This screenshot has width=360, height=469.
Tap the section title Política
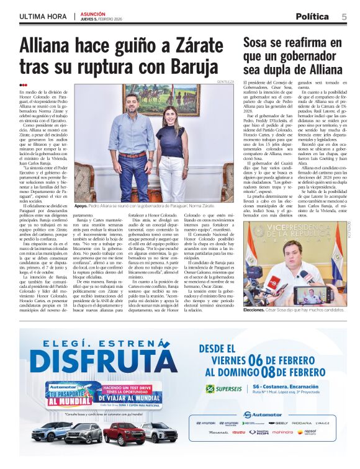[312, 17]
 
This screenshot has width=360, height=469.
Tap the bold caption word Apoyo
[81, 221]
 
